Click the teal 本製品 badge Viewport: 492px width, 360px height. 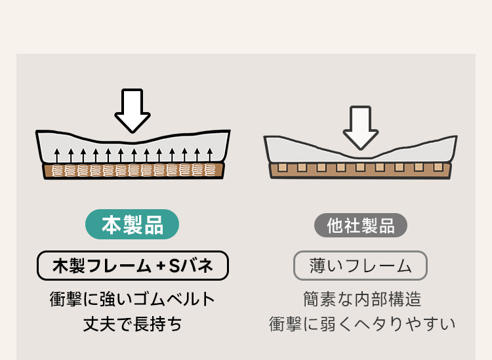(132, 224)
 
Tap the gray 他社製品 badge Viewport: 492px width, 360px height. (361, 225)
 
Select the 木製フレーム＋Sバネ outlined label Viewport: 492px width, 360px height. (133, 266)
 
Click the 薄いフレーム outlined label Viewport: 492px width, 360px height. (360, 266)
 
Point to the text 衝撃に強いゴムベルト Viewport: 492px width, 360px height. (133, 299)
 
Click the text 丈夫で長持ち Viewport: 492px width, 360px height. (133, 324)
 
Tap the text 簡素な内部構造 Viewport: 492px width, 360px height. (362, 299)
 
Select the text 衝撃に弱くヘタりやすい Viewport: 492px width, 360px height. (362, 324)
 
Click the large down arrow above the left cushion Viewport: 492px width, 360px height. (133, 110)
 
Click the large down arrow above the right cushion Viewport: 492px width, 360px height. (361, 127)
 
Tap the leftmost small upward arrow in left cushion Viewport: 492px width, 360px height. (57, 156)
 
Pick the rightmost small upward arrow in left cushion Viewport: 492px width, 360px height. (210, 156)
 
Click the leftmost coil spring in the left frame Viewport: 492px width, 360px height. (58, 170)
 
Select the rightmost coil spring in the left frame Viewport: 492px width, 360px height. (210, 170)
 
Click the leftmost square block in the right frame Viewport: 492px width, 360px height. (282, 167)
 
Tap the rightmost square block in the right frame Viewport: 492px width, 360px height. (438, 167)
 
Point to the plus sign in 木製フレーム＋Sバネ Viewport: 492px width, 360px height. (161, 266)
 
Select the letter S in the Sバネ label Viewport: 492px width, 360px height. (174, 266)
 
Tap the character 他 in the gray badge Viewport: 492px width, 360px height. (335, 226)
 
